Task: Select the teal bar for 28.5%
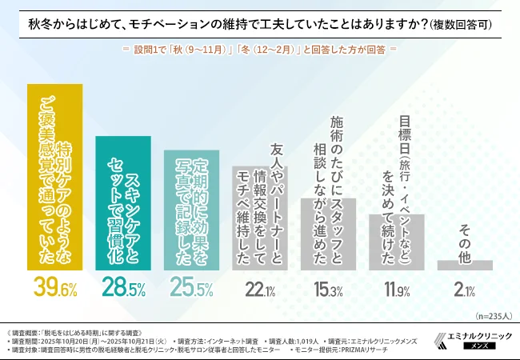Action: (x=122, y=203)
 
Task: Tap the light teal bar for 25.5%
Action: (x=191, y=210)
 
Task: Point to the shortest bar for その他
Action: (x=464, y=265)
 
